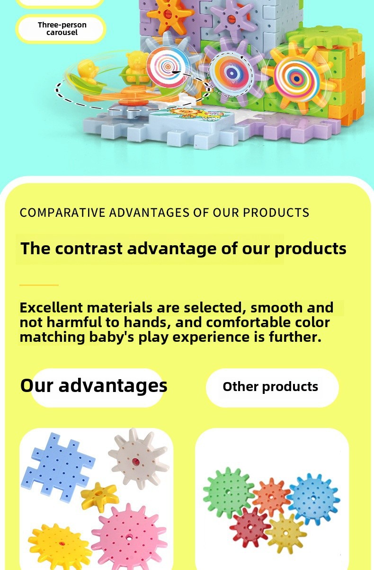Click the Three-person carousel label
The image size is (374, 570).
(x=62, y=28)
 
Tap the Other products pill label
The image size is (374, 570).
(x=270, y=387)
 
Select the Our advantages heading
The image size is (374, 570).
(x=94, y=385)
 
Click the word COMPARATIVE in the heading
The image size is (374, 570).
(x=62, y=213)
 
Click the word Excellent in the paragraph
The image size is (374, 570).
(x=51, y=307)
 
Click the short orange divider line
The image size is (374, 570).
(x=39, y=285)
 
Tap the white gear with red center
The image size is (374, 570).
(x=138, y=460)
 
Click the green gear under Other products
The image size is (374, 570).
(x=228, y=493)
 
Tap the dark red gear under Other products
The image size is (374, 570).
(x=249, y=527)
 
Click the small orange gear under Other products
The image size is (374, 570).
(x=271, y=497)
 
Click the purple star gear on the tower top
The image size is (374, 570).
(x=232, y=18)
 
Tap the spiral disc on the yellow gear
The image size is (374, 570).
(x=297, y=78)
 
